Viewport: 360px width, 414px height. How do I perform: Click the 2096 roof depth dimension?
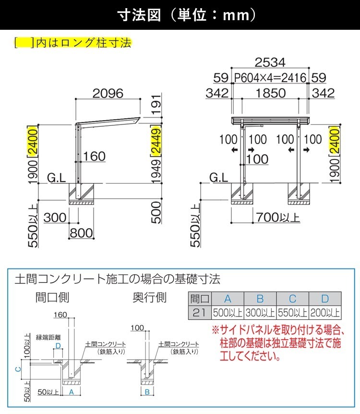[108, 93]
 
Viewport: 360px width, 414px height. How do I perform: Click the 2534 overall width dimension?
[270, 62]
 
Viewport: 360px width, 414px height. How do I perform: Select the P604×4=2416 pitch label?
[270, 77]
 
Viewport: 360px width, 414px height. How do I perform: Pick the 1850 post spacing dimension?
[270, 93]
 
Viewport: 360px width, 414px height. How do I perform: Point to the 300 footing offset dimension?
[55, 217]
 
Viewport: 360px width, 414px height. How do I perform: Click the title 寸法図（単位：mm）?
[180, 15]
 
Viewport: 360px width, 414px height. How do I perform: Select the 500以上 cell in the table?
[228, 313]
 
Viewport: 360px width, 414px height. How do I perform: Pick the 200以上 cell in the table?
[325, 313]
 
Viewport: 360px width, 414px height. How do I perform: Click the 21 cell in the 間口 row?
[198, 313]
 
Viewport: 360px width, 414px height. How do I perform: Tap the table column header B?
[260, 299]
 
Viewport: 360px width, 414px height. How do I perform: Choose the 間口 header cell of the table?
[198, 299]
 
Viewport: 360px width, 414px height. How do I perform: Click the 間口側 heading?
[52, 297]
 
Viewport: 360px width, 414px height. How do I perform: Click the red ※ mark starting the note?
[216, 330]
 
